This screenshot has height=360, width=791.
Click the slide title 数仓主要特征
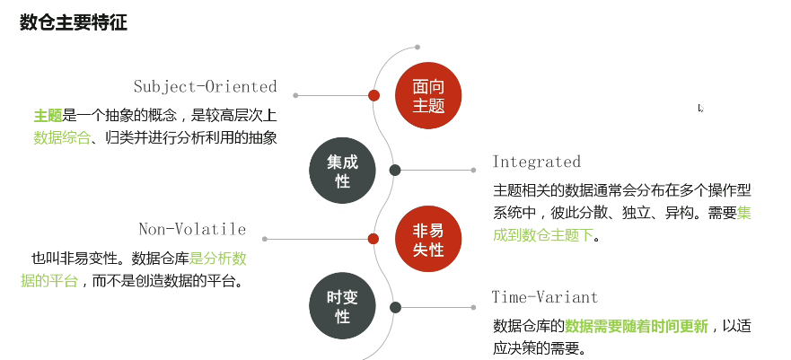(74, 22)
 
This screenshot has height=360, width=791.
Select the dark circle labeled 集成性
(341, 171)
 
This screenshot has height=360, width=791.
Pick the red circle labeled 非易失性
(428, 240)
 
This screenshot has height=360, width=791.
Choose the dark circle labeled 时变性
(341, 308)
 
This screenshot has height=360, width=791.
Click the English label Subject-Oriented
(205, 87)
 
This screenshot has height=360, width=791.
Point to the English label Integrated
(536, 162)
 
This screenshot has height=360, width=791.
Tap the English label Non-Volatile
(192, 230)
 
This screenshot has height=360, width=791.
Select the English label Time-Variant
(544, 297)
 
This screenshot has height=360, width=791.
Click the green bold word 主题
(47, 116)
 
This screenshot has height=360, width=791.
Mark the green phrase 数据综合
(62, 138)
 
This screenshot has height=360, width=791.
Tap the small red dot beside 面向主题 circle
(374, 95)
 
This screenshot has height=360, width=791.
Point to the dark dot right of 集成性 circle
(394, 170)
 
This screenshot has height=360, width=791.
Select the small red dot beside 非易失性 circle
(374, 239)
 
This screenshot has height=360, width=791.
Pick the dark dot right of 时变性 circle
(395, 307)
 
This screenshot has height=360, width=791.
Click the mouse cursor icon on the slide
(700, 109)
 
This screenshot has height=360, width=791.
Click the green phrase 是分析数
(217, 259)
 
